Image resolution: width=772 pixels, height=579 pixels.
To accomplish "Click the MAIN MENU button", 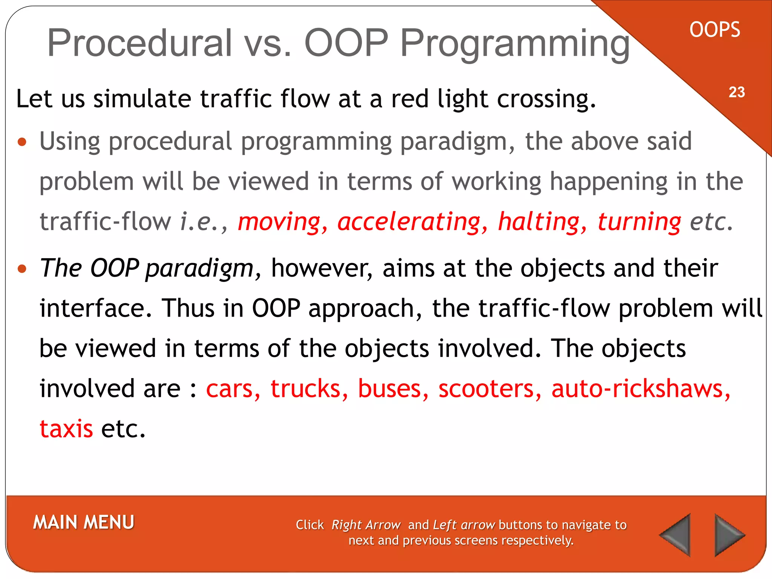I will click(x=83, y=522).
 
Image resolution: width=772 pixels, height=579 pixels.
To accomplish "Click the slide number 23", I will click(x=737, y=92).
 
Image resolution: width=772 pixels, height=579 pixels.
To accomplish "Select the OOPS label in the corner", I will click(x=715, y=30).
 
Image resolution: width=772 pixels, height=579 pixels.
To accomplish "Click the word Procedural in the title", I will click(x=139, y=43).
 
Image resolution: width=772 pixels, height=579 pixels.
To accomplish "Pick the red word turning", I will click(x=639, y=221).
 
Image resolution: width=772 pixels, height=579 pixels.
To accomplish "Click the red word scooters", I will click(x=489, y=388).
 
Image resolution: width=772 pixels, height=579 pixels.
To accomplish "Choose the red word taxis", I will click(x=66, y=429).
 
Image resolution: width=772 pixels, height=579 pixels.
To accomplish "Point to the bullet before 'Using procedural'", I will click(x=22, y=142).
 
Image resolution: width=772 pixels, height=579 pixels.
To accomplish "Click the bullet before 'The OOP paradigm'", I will click(x=22, y=269).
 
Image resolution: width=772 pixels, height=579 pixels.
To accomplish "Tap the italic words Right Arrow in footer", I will click(x=366, y=525).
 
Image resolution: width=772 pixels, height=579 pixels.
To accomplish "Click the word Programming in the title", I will click(x=515, y=43).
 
